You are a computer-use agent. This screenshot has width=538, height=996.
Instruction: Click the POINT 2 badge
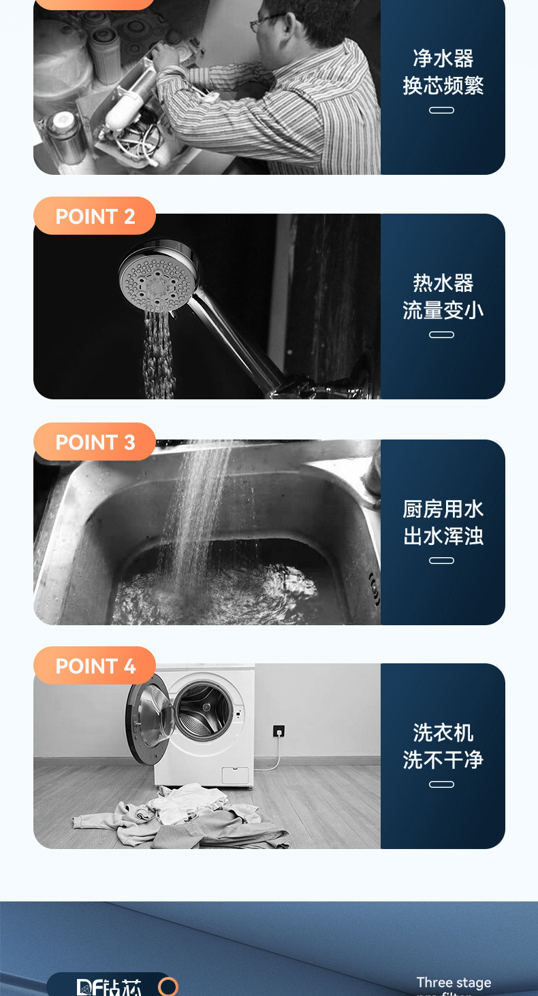click(95, 216)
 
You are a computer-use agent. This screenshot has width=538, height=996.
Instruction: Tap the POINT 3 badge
click(95, 442)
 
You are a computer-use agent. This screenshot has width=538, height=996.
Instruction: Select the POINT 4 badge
click(95, 666)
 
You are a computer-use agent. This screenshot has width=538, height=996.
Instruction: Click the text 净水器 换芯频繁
click(443, 72)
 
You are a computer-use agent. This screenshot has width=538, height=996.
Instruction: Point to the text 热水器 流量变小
click(443, 297)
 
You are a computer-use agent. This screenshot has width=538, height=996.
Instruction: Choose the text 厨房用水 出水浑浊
click(443, 522)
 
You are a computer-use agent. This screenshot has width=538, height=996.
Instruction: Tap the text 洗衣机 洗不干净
click(443, 746)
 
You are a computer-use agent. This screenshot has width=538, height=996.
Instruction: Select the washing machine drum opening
click(204, 712)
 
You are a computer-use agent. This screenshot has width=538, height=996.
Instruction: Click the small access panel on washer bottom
click(236, 775)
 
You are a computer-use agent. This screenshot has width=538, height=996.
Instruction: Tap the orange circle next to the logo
click(168, 986)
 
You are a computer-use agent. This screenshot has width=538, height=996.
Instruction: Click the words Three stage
click(454, 982)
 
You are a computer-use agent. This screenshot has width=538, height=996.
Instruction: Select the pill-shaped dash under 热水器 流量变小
click(441, 335)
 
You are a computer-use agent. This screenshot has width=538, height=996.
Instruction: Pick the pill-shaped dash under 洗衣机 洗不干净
click(441, 784)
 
